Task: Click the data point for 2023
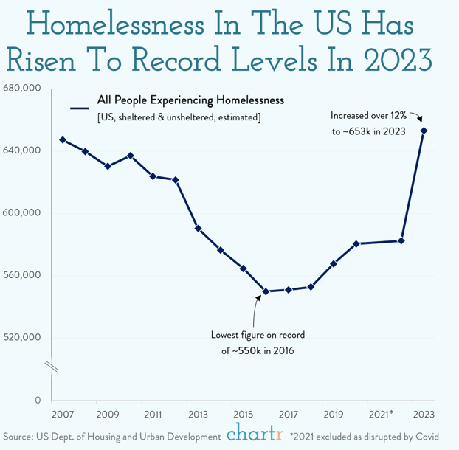click(424, 131)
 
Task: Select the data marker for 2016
click(266, 291)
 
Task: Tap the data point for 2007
click(63, 140)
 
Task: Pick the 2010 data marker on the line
click(131, 156)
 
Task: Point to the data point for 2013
click(199, 229)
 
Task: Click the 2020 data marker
click(356, 243)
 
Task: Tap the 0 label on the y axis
click(37, 401)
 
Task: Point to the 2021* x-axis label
click(380, 414)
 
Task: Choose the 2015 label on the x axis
click(244, 414)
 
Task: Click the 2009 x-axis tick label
click(108, 414)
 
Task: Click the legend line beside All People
click(79, 108)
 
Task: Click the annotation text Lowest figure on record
click(258, 335)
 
